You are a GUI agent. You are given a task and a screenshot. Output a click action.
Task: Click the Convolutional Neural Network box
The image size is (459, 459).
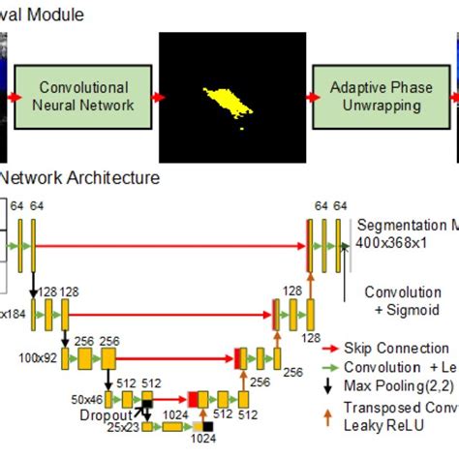[84, 97]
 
